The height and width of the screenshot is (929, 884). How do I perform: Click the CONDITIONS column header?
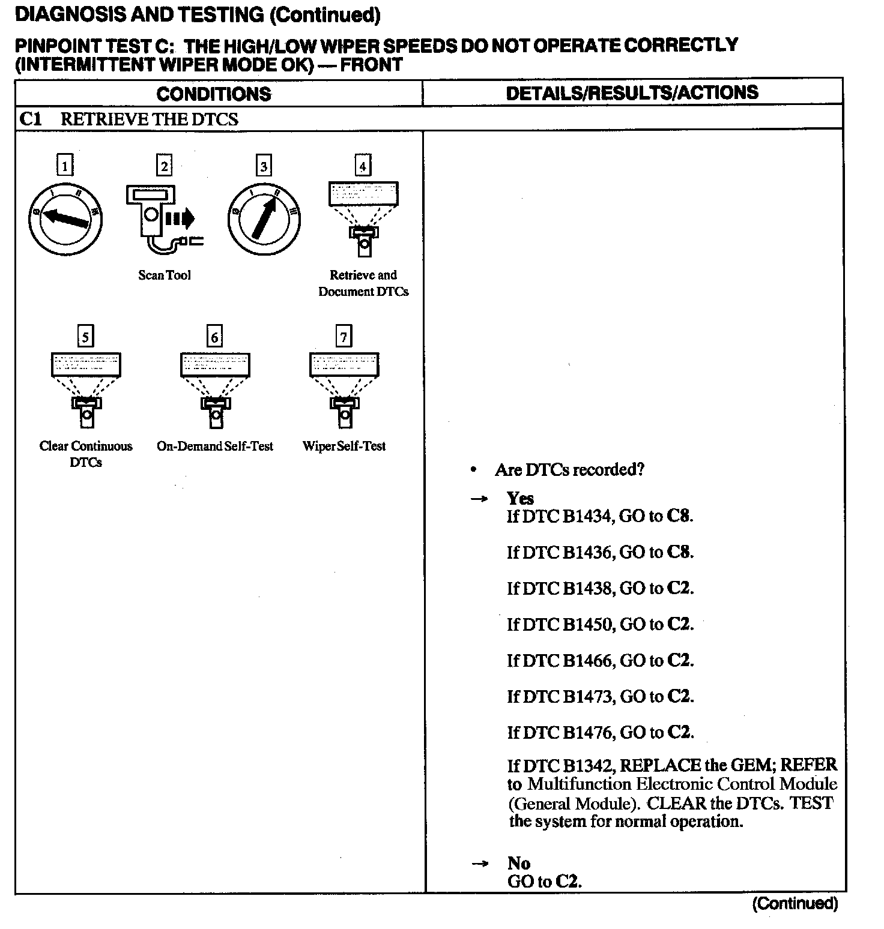click(x=213, y=94)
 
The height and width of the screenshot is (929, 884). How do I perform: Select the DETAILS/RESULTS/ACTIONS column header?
click(x=632, y=93)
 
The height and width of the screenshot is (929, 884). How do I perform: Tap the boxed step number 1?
click(x=65, y=165)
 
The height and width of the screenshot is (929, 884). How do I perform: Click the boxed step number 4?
click(x=362, y=165)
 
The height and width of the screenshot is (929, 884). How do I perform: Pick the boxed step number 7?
click(x=344, y=337)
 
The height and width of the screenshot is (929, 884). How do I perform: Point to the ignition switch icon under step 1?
click(x=65, y=218)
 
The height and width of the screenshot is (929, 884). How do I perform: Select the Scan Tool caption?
click(x=165, y=275)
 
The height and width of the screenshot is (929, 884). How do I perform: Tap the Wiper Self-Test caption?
click(x=344, y=446)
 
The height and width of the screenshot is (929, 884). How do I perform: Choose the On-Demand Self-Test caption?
click(x=214, y=446)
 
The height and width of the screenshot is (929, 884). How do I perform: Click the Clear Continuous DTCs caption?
click(x=86, y=454)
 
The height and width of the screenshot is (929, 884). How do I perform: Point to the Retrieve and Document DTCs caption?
click(x=363, y=283)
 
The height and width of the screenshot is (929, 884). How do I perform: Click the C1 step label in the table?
click(x=31, y=119)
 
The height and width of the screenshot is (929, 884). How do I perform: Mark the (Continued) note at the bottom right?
click(x=794, y=904)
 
